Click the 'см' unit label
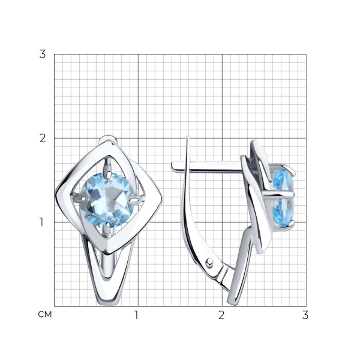click(x=45, y=314)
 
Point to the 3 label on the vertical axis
click(x=43, y=54)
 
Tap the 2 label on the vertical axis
click(x=43, y=138)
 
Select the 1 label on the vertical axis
click(x=41, y=222)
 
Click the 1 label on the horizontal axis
click(x=136, y=315)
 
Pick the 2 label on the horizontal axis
click(x=221, y=315)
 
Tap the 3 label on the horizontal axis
click(x=305, y=315)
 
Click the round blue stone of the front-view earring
click(x=107, y=200)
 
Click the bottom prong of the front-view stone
click(x=106, y=230)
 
